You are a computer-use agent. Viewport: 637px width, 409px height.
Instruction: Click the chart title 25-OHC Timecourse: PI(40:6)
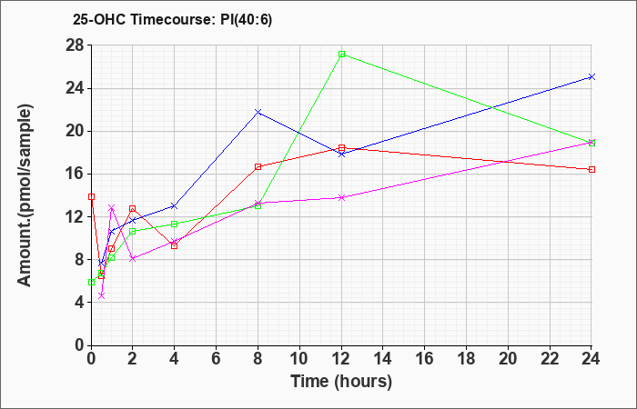coord(172,19)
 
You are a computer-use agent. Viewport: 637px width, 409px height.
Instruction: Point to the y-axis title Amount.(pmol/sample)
coord(25,195)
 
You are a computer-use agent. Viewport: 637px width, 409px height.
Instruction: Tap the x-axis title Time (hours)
coord(341,382)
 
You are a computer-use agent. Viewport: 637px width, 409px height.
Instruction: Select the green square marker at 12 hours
coord(341,54)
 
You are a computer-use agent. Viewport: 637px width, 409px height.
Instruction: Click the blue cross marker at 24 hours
coord(591,76)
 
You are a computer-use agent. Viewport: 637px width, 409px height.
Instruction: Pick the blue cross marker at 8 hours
coord(258,112)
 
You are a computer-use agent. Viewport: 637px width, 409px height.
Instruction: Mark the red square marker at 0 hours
coord(91,197)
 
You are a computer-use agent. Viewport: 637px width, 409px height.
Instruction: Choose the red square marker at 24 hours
coord(591,170)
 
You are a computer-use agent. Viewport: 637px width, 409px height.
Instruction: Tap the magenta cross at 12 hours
coord(341,197)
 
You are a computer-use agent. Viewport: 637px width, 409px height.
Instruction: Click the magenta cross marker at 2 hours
coord(133,258)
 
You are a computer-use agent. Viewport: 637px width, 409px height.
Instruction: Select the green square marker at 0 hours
coord(91,283)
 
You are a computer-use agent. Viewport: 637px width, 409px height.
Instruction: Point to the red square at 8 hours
coord(258,166)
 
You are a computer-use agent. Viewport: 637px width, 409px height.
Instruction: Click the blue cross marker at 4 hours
coord(175,205)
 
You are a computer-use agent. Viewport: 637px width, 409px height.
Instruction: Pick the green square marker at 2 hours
coord(133,231)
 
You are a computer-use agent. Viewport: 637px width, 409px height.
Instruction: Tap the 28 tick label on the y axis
coord(75,45)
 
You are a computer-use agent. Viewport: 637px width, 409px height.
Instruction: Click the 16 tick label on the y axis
coord(75,175)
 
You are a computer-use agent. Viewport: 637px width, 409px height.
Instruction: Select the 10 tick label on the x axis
coord(299,359)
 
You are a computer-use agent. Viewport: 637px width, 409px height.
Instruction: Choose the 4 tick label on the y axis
coord(79,303)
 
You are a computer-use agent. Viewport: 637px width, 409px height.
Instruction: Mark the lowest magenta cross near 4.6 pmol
coord(102,295)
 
